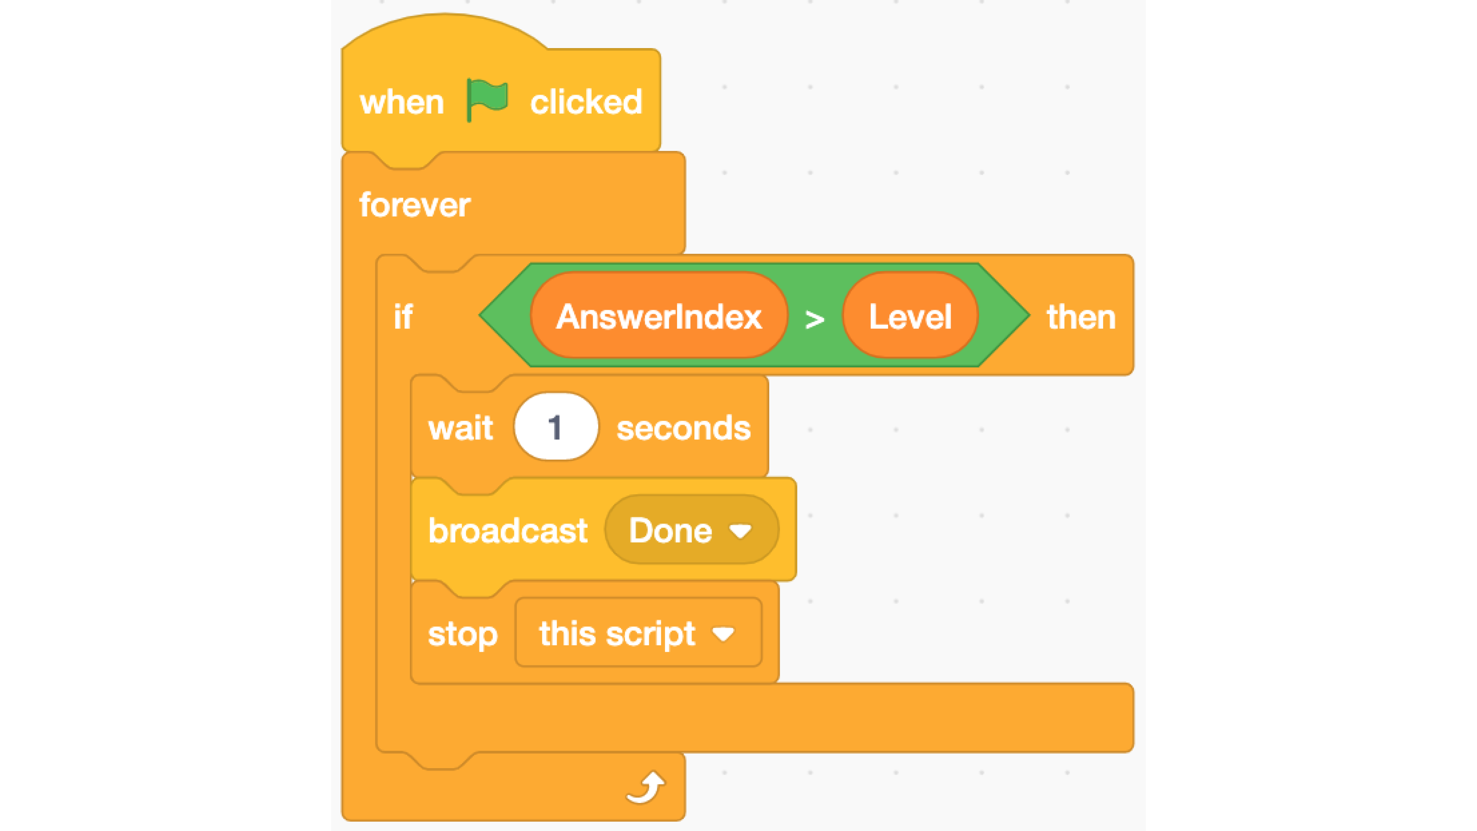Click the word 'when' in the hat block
(401, 103)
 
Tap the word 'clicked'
(585, 103)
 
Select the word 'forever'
(415, 205)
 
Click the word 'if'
(403, 317)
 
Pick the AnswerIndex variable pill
(659, 316)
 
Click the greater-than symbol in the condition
(815, 319)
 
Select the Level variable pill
(910, 316)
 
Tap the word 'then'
(1081, 317)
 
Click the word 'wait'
(460, 428)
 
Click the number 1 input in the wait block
(555, 427)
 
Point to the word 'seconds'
(683, 428)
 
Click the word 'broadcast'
(507, 531)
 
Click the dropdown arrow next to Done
(740, 532)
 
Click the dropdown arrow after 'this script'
(723, 634)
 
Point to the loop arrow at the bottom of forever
(646, 788)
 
